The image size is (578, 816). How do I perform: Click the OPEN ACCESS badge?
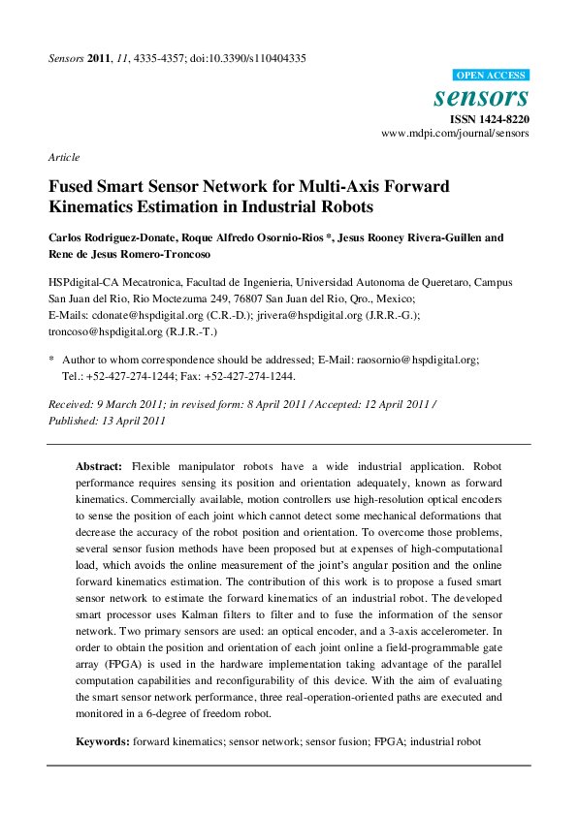491,75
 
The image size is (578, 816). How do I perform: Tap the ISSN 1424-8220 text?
488,118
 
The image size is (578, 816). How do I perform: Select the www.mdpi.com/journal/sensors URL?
455,134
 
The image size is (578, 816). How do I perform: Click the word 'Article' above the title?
64,157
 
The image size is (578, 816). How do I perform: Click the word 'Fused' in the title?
72,186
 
